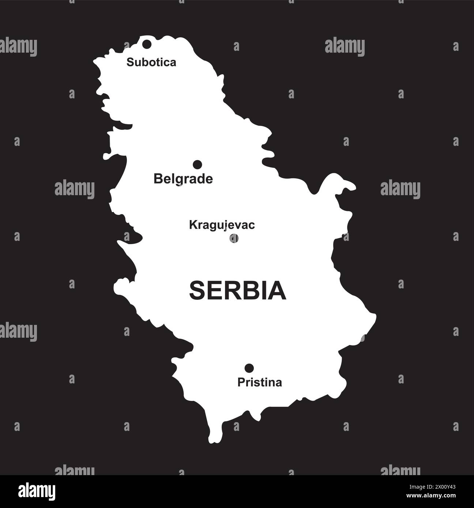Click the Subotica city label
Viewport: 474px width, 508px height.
[x=151, y=62]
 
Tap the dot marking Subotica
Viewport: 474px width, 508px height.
[x=147, y=45]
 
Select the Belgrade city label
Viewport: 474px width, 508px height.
[x=183, y=179]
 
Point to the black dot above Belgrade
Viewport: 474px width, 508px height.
[x=197, y=165]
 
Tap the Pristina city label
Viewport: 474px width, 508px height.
[x=260, y=383]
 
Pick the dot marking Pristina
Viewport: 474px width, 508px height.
[x=249, y=368]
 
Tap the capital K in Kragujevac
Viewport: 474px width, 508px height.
[x=192, y=225]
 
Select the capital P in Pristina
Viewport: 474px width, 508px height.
[x=241, y=383]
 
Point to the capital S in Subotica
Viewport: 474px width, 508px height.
[x=129, y=62]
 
